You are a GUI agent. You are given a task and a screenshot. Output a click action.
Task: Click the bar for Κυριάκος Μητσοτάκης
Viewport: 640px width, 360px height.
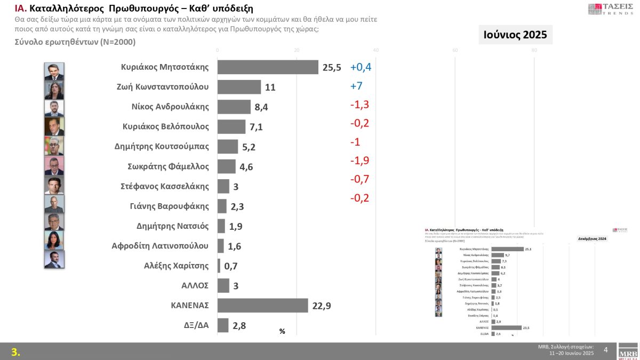point(268,67)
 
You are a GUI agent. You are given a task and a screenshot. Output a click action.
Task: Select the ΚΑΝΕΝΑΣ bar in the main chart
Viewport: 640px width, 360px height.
point(262,305)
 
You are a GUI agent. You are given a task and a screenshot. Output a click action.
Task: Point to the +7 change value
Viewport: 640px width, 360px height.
point(356,86)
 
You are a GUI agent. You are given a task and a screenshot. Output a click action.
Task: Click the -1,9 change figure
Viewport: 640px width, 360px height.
point(359,161)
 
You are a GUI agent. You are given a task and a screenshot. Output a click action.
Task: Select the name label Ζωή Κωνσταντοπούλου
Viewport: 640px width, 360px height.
point(163,87)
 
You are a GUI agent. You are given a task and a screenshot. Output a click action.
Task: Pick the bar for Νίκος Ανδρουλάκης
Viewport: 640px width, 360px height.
point(234,107)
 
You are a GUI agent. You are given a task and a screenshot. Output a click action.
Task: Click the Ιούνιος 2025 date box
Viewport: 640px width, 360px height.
point(515,35)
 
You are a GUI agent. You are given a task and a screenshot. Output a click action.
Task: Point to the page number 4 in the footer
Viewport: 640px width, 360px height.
point(605,350)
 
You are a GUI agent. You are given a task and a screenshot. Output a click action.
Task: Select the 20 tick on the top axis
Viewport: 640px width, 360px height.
point(297,50)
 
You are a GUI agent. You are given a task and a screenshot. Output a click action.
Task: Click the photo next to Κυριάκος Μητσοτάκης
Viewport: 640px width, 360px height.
point(54,71)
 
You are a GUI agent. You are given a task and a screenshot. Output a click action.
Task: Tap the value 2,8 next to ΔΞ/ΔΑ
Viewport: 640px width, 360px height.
point(239,325)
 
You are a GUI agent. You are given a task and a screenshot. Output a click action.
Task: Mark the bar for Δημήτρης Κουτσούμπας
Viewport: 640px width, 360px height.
point(228,146)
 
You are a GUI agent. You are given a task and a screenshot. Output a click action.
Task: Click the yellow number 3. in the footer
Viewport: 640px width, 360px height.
point(16,352)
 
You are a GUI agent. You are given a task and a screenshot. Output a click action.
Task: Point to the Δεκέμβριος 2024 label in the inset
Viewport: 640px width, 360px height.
point(593,238)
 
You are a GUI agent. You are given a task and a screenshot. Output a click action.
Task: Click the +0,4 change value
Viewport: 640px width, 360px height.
point(361,67)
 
